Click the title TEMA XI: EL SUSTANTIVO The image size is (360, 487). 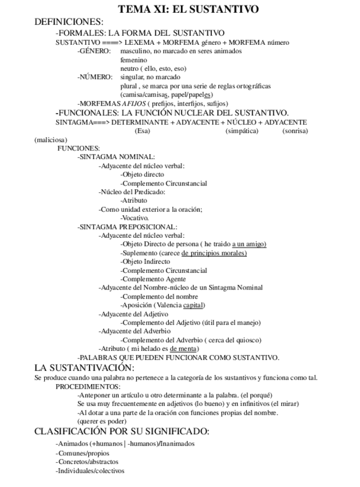tap(180, 9)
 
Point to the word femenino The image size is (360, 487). tap(134, 60)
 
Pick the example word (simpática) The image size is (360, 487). tap(242, 131)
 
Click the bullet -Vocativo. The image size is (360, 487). tap(135, 218)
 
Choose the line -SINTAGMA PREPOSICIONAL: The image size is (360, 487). tap(127, 227)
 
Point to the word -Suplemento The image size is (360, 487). tap(138, 253)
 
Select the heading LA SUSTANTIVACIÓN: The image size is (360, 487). tap(84, 368)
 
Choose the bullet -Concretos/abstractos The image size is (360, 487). tap(87, 462)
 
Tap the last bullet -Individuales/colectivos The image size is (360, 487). tap(90, 471)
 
